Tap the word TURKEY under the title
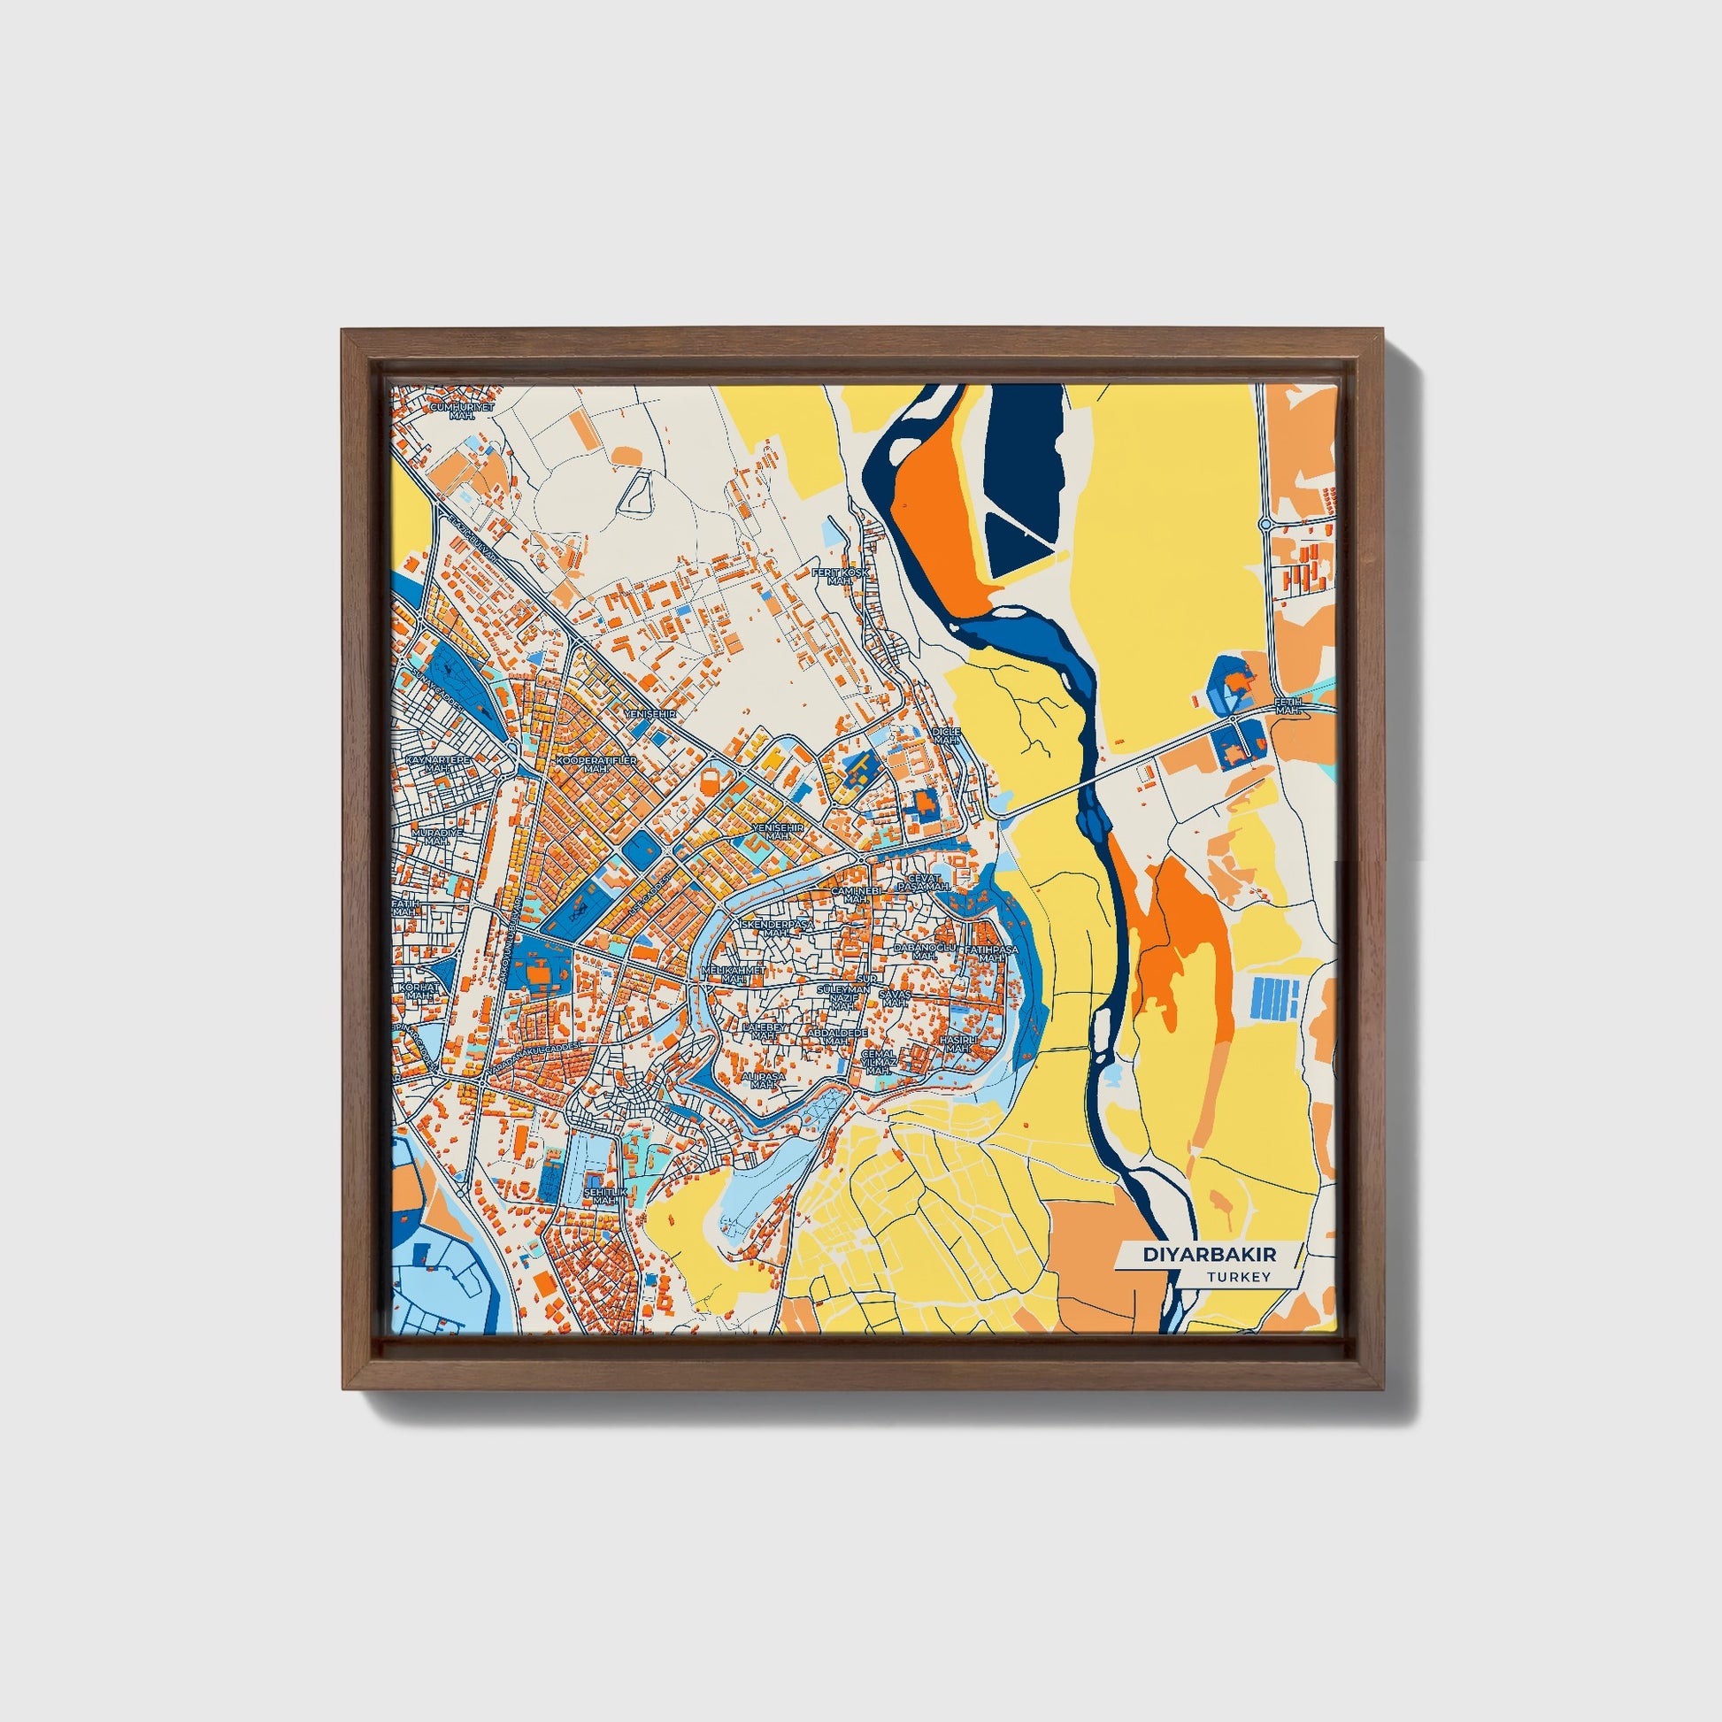click(1238, 1277)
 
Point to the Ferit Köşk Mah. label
click(839, 575)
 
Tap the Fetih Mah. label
click(1288, 706)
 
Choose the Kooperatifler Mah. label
click(596, 764)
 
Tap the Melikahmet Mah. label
click(734, 974)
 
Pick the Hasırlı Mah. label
click(959, 1043)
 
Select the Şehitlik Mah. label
click(605, 1195)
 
